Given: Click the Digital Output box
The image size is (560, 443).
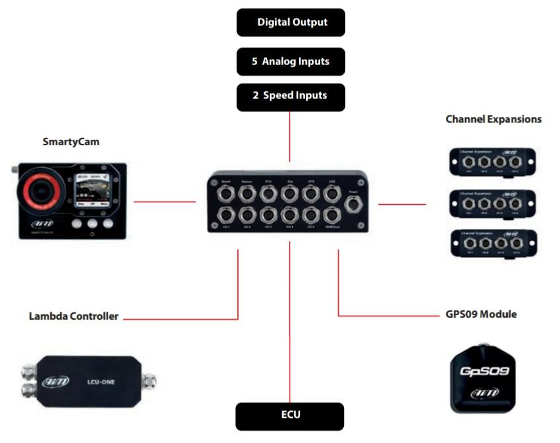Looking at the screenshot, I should coord(291,23).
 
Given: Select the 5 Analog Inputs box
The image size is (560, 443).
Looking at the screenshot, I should coord(291,62).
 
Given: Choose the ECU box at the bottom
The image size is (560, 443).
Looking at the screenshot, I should coord(290,416).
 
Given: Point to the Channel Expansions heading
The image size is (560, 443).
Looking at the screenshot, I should coord(493,119).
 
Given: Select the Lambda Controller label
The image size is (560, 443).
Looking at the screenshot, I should coord(74,316).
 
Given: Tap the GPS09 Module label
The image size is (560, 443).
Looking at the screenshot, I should coord(481,314).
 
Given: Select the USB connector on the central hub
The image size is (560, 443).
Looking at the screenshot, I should coord(330,194).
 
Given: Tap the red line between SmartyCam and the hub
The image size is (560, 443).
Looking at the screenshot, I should coord(165,202).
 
